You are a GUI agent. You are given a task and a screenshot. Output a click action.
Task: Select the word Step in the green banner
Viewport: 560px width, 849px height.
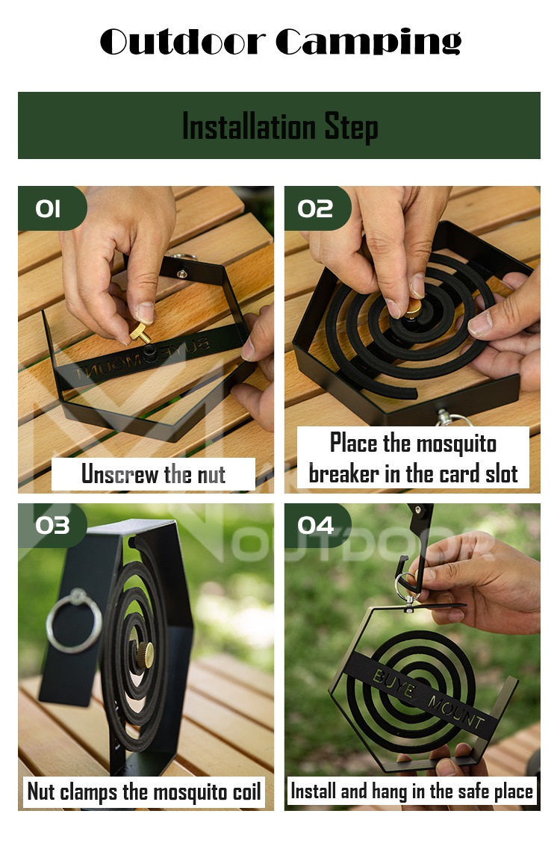coord(351,126)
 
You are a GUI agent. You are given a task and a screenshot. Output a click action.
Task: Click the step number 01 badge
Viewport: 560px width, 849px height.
coord(49,209)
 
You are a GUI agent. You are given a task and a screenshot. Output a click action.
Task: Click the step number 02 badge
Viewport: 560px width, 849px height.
coord(315,209)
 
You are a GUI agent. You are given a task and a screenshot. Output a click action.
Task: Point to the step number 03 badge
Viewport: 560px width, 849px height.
coord(52,525)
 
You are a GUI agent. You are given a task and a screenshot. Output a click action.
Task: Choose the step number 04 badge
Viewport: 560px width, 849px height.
coord(315,525)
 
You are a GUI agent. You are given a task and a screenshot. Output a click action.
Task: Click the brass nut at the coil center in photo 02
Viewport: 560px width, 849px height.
coord(413,307)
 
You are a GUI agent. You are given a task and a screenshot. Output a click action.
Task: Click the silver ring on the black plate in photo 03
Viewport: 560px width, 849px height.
coord(73,620)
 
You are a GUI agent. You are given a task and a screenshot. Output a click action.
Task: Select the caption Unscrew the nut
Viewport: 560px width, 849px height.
coord(153,474)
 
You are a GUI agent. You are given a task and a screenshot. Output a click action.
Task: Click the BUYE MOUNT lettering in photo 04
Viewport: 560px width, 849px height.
coord(429,698)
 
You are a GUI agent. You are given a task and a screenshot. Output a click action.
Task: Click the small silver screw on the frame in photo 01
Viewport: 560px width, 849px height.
coord(182,274)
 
